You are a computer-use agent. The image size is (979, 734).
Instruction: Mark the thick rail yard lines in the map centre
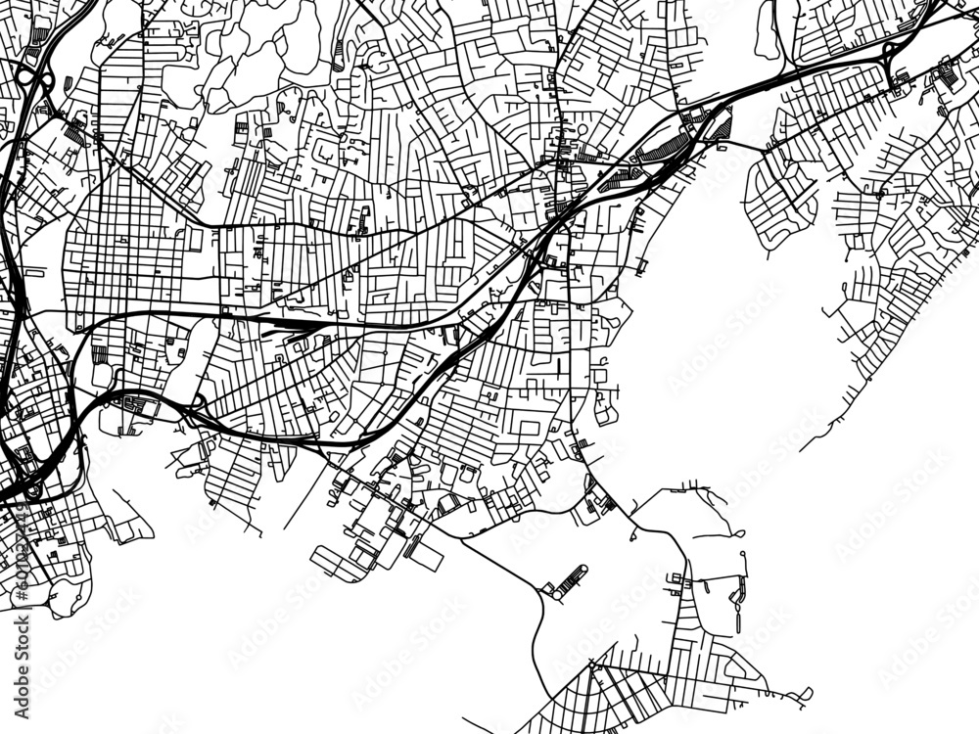pyautogui.click(x=294, y=321)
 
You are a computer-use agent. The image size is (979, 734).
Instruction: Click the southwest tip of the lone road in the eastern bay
pyautogui.click(x=802, y=449)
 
